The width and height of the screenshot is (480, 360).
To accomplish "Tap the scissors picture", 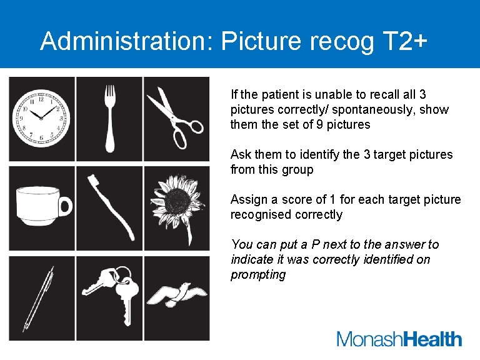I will (x=176, y=117).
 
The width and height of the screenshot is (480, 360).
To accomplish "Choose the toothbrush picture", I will (x=110, y=207).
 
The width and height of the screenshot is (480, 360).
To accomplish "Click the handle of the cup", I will (x=65, y=206).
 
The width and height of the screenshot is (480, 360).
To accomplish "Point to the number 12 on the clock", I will (x=41, y=99).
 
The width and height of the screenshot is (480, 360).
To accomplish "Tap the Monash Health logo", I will (x=399, y=339).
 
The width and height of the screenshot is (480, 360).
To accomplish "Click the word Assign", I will (x=247, y=199).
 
